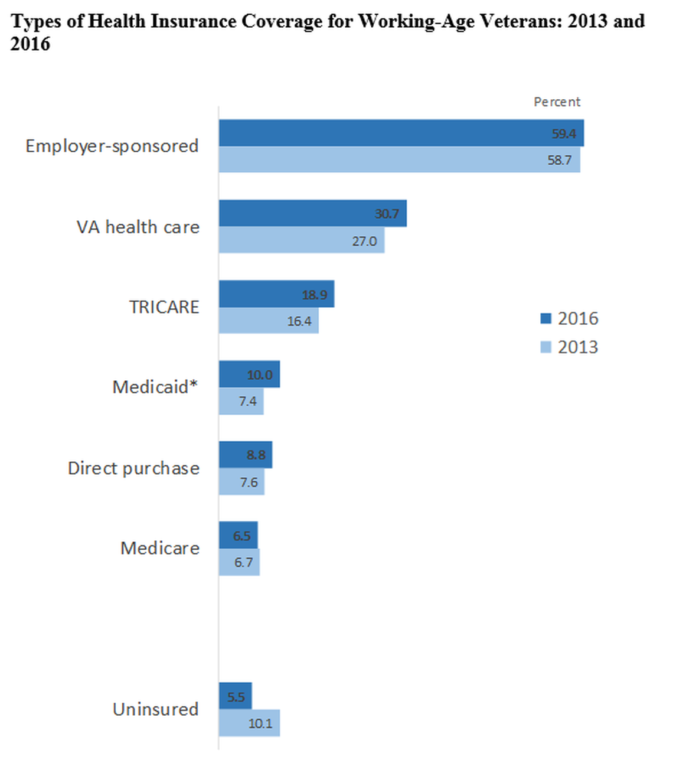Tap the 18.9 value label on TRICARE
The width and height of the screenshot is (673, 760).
pos(314,295)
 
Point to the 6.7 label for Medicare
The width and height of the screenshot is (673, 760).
pos(243,562)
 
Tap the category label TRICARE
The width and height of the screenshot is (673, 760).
pos(164,307)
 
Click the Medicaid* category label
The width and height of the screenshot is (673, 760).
pos(155,387)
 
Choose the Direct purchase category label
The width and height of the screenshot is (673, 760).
pos(133,468)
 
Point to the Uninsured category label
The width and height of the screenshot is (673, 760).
pos(155,709)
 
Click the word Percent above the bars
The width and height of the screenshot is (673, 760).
pos(557,102)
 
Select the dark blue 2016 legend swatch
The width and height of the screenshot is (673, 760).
pos(545,319)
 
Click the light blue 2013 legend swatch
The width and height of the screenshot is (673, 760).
pos(545,347)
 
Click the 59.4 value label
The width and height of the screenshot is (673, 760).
pos(563,134)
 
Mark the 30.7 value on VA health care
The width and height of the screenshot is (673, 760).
pos(387,214)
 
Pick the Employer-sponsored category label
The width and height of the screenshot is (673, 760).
pos(112,146)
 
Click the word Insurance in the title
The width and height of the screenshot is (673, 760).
pos(185,21)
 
